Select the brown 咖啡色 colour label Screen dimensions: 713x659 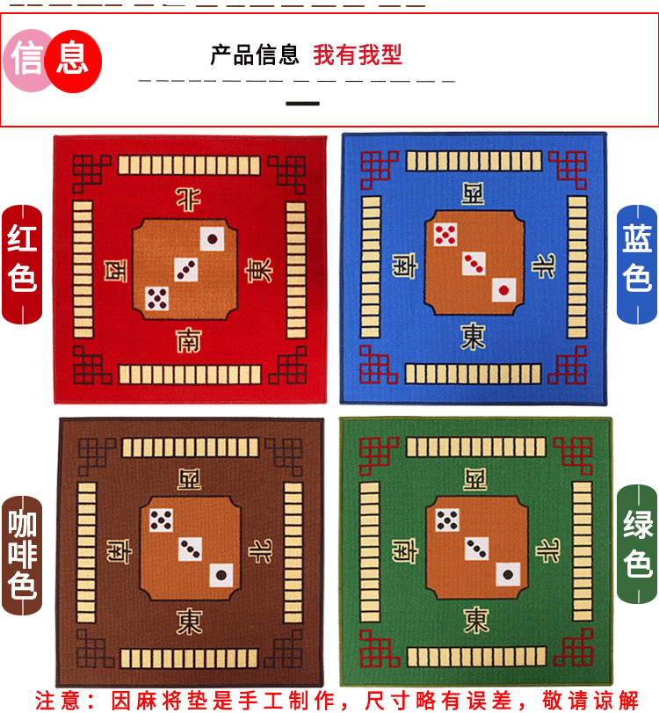coord(22,555)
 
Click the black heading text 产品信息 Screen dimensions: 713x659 coord(255,55)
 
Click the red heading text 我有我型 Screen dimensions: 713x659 coord(358,55)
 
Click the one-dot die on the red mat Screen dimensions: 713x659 coord(213,237)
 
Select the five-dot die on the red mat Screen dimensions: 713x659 coord(157,298)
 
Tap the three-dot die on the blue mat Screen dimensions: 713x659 coord(474,262)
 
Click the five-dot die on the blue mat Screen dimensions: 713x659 coord(445,234)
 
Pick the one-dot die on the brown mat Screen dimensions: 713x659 coord(220,577)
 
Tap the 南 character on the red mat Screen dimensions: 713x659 coord(189,339)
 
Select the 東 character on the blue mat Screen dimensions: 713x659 coord(473,337)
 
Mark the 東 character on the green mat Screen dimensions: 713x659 coord(476,620)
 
